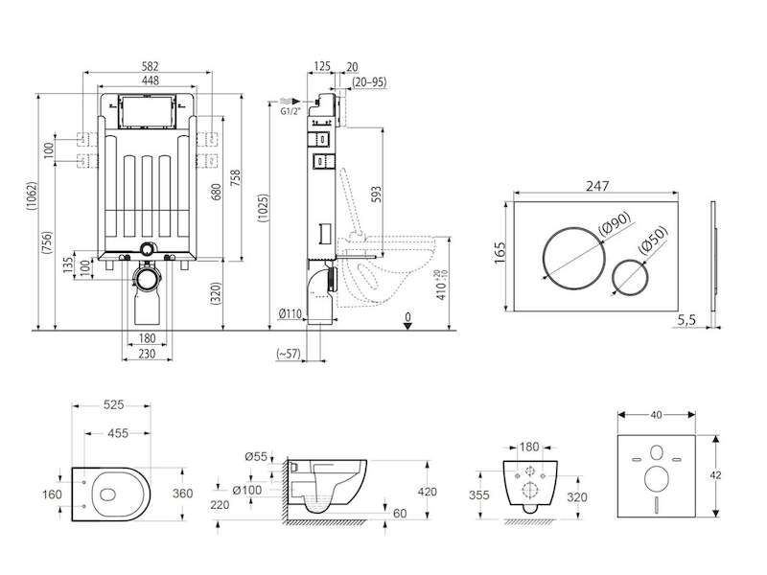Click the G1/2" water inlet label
point(291,112)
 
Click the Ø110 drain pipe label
point(291,313)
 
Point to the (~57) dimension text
point(288,353)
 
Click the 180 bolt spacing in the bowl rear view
point(528,446)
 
